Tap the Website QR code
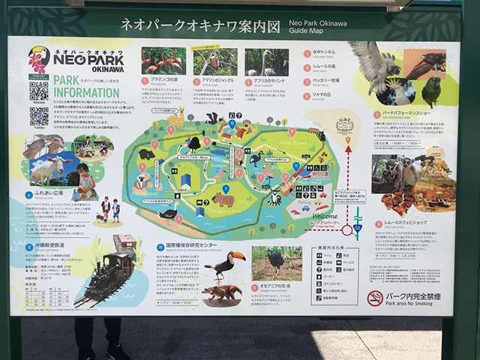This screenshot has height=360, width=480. pyautogui.click(x=39, y=90)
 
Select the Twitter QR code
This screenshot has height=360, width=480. pyautogui.click(x=39, y=116)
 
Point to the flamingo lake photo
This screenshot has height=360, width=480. pyautogui.click(x=162, y=61)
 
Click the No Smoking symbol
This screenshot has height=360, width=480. pyautogui.click(x=375, y=298)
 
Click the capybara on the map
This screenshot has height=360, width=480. pyautogui.click(x=223, y=200)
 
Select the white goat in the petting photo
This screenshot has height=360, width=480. pyautogui.click(x=46, y=171)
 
